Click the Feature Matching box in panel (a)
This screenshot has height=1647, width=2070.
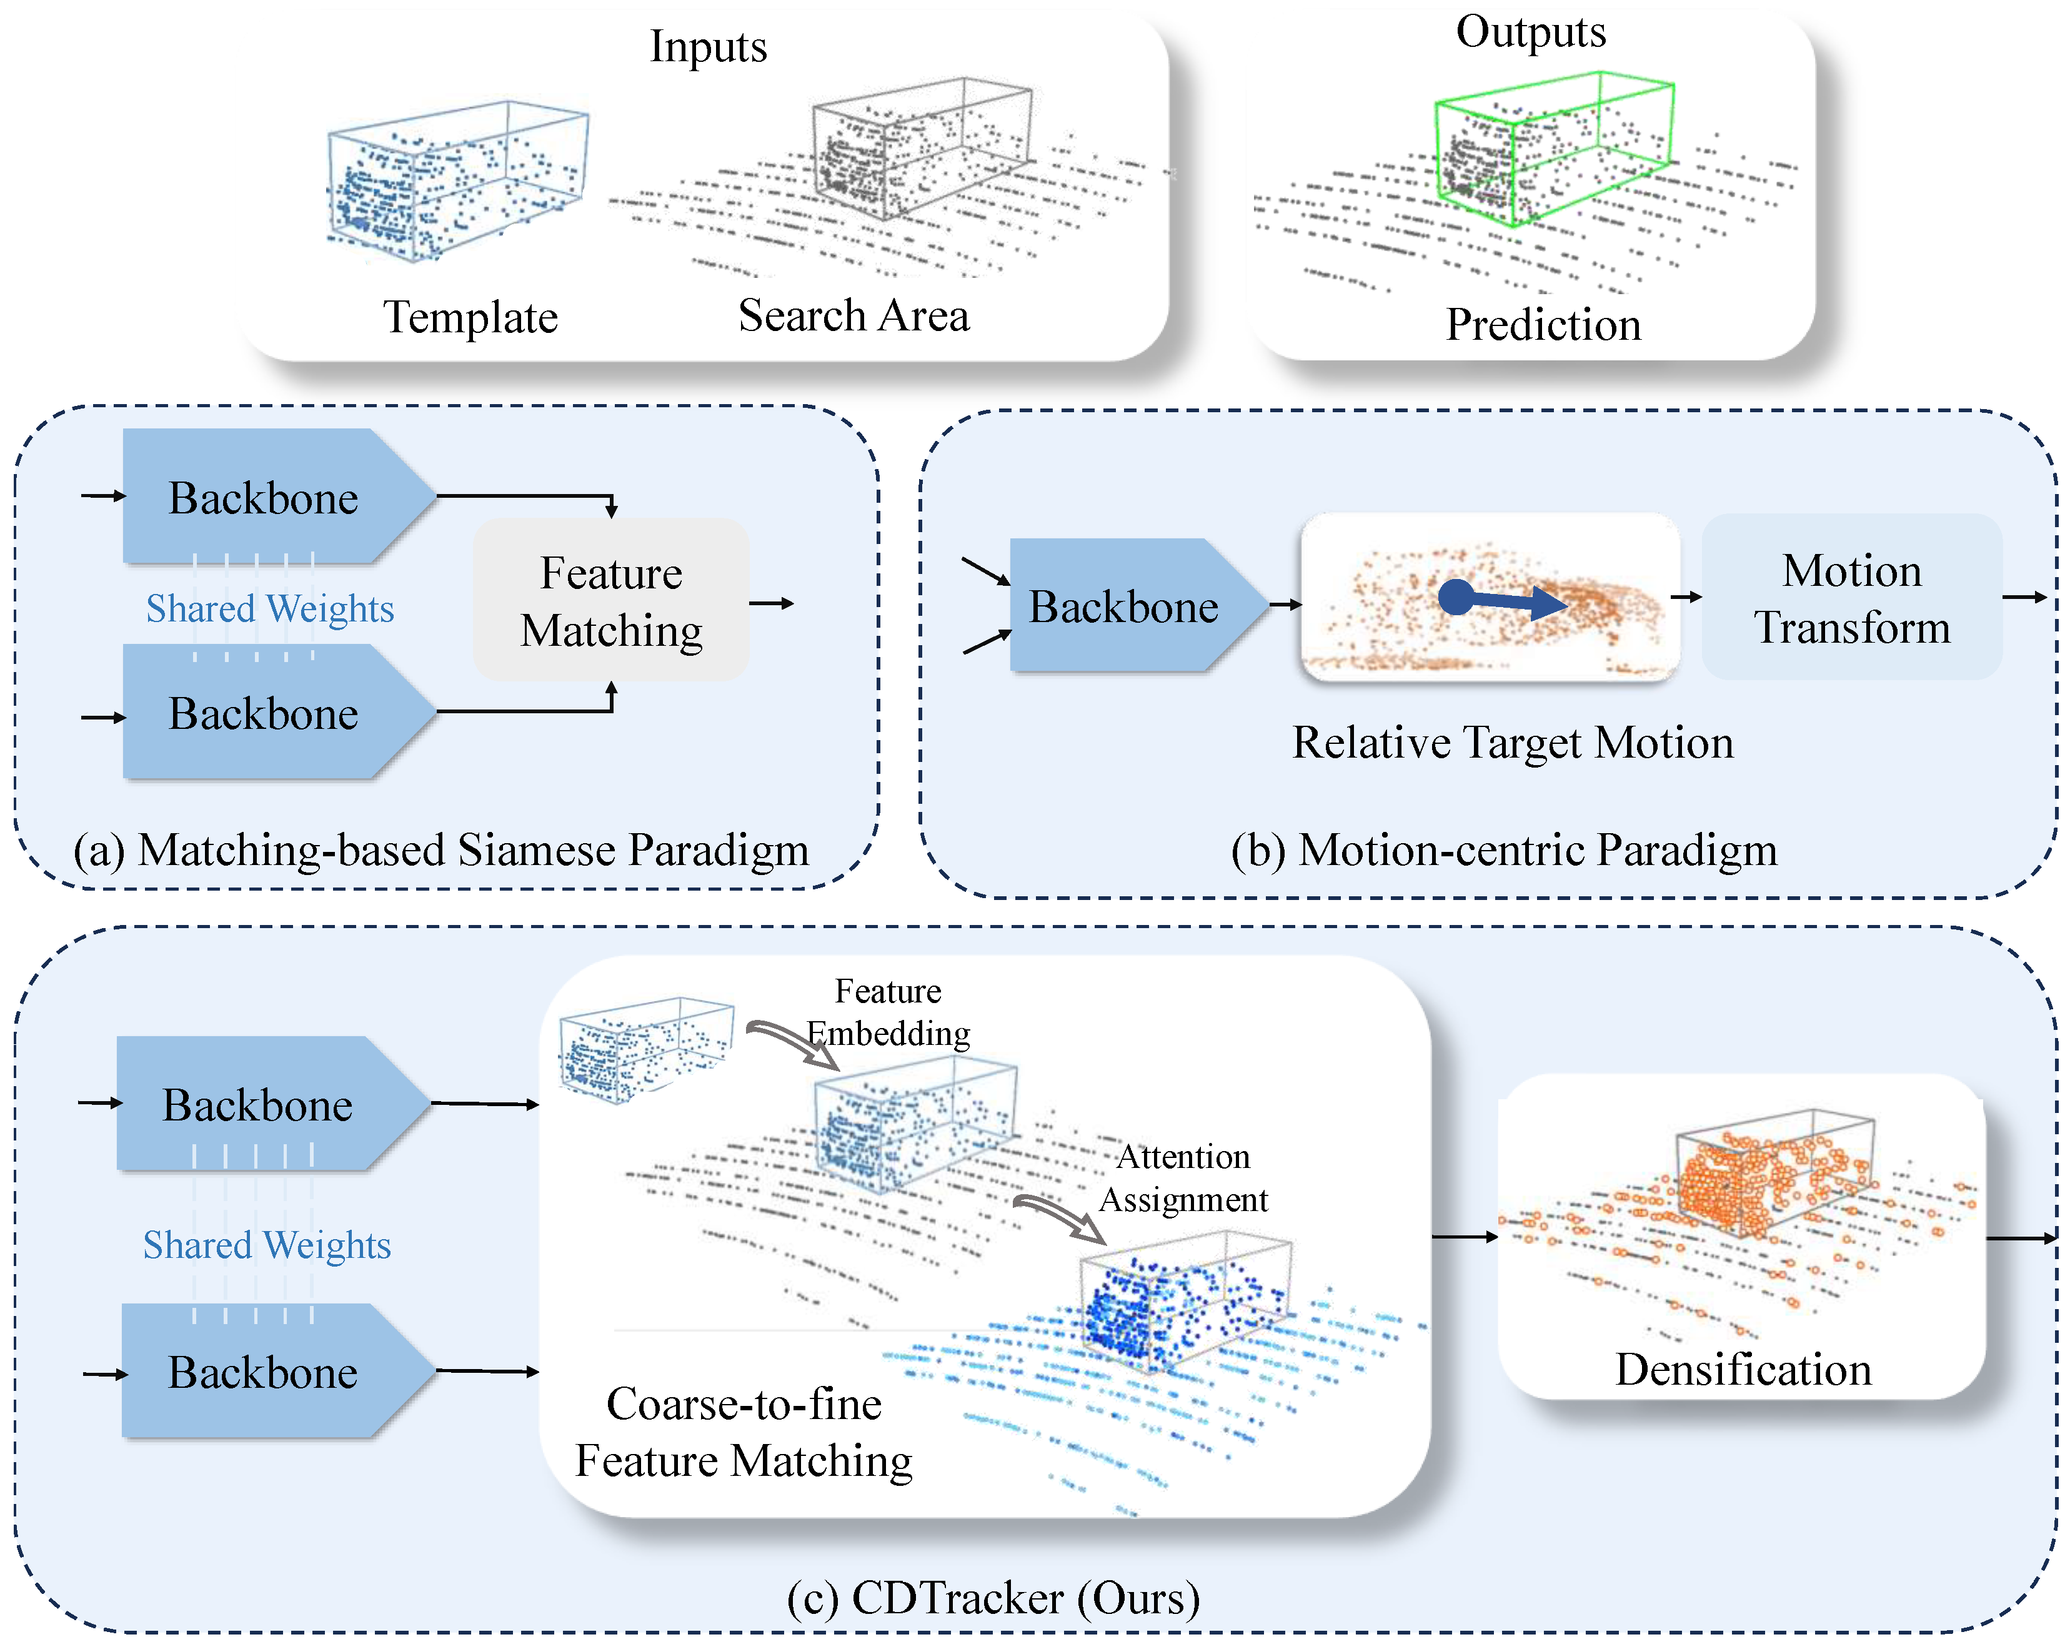pyautogui.click(x=610, y=600)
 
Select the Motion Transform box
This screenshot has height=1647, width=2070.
pyautogui.click(x=1851, y=597)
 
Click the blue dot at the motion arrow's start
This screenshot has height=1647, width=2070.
pyautogui.click(x=1456, y=597)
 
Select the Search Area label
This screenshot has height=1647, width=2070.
pyautogui.click(x=853, y=315)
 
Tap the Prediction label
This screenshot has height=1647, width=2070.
pyautogui.click(x=1543, y=324)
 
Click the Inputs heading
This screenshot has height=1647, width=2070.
pyautogui.click(x=709, y=47)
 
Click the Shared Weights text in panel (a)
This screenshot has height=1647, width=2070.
pyautogui.click(x=270, y=608)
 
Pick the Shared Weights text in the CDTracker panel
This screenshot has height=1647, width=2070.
pyautogui.click(x=267, y=1245)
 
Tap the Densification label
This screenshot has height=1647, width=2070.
pyautogui.click(x=1744, y=1368)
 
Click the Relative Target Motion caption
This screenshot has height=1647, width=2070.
pyautogui.click(x=1513, y=743)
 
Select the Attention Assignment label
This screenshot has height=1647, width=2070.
pyautogui.click(x=1184, y=1178)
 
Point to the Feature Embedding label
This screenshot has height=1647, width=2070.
pyautogui.click(x=888, y=1012)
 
